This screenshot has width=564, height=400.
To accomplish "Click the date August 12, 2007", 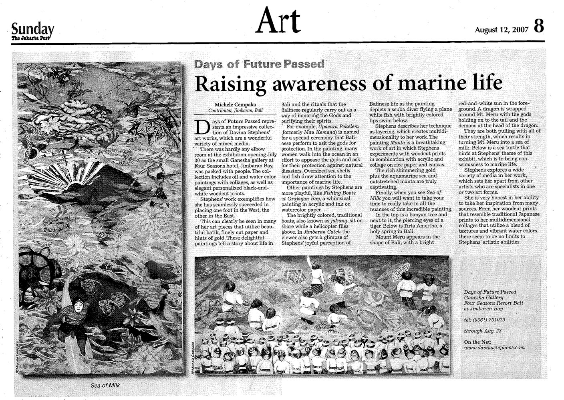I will pos(502,30).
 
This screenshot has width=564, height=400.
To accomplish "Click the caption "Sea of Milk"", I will pos(105,385).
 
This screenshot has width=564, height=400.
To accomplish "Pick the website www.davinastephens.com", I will pos(494,348).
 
